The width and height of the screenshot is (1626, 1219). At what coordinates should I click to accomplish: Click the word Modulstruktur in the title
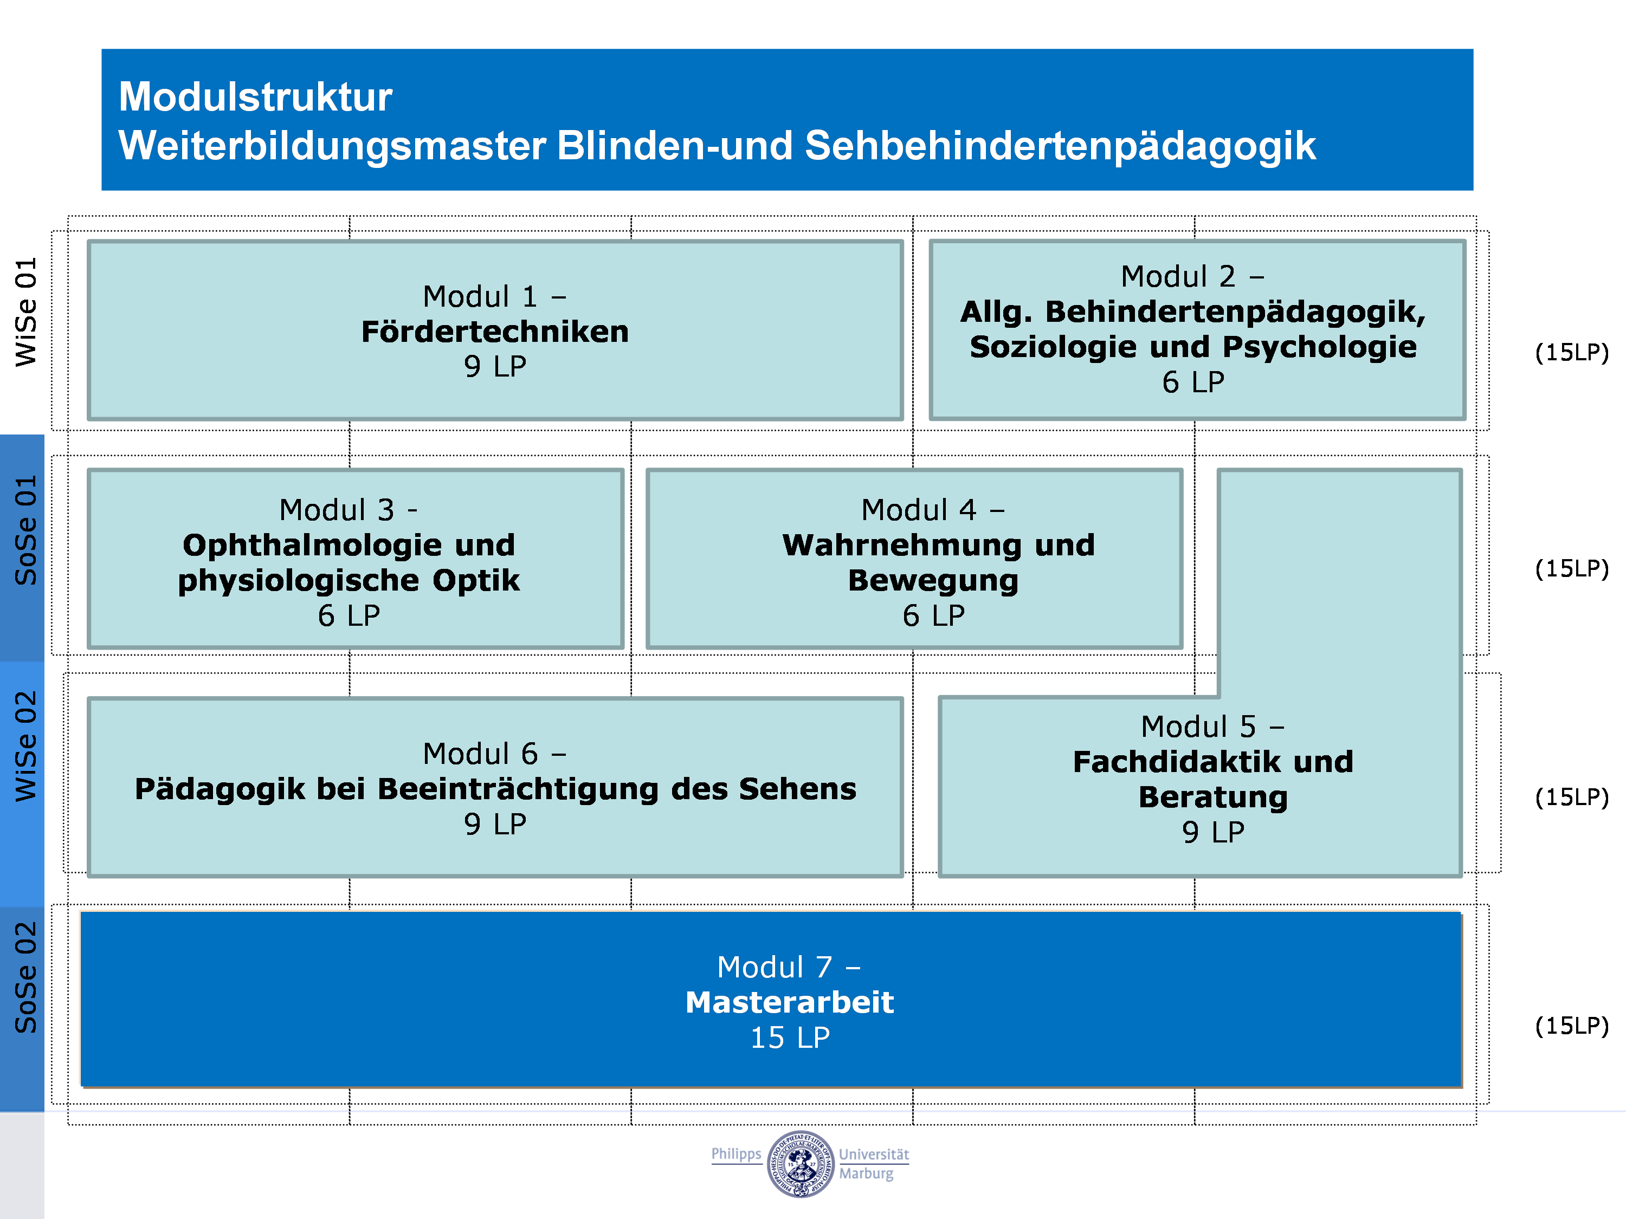click(255, 96)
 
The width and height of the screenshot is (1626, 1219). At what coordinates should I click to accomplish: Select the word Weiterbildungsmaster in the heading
click(332, 146)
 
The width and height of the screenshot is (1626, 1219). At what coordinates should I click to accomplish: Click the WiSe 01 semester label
click(25, 312)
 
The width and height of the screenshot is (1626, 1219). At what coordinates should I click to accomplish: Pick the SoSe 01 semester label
click(25, 530)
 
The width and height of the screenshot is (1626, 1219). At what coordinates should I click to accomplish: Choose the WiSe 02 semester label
click(25, 746)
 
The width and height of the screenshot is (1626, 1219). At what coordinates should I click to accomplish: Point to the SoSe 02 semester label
click(25, 977)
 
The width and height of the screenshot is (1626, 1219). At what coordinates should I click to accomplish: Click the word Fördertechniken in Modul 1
click(495, 332)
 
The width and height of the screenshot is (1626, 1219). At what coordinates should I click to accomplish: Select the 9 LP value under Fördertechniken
click(495, 366)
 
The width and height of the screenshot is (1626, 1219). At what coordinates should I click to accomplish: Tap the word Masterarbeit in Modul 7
click(790, 1002)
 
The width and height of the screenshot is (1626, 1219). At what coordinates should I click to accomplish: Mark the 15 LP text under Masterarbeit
click(790, 1038)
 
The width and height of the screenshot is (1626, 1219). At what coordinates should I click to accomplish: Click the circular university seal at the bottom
click(801, 1164)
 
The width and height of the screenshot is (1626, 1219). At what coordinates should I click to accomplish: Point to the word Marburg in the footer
click(867, 1174)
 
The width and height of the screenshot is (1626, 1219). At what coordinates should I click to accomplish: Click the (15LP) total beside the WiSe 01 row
click(1572, 352)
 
